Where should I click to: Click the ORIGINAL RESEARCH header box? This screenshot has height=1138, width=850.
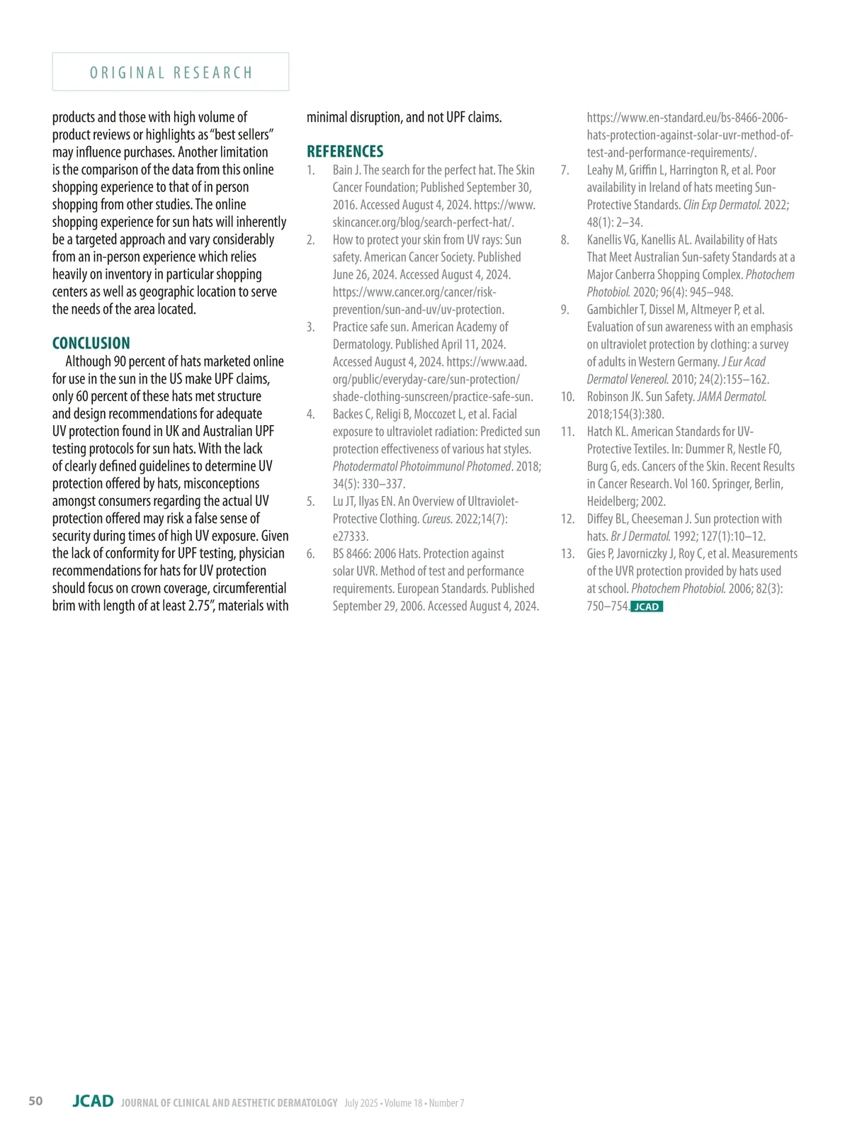pyautogui.click(x=171, y=72)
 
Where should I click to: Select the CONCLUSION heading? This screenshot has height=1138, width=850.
pyautogui.click(x=91, y=344)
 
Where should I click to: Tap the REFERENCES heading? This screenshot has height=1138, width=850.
pyautogui.click(x=345, y=152)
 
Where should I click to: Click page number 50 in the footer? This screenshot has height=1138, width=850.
pyautogui.click(x=35, y=1100)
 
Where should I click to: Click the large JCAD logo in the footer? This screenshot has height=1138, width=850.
pyautogui.click(x=93, y=1101)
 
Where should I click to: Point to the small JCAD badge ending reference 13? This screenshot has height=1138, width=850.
pyautogui.click(x=646, y=607)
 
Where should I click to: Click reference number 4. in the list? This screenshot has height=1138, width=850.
pyautogui.click(x=311, y=415)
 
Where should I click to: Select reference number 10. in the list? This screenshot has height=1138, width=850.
pyautogui.click(x=567, y=397)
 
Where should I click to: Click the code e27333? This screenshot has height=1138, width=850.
pyautogui.click(x=351, y=536)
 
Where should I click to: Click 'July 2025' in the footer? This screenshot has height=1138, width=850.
pyautogui.click(x=362, y=1103)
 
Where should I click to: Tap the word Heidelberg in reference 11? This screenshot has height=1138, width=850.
pyautogui.click(x=612, y=502)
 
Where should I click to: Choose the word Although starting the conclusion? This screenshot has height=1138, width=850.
pyautogui.click(x=88, y=361)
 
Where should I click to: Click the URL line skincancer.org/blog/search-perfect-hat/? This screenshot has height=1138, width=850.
pyautogui.click(x=423, y=222)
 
